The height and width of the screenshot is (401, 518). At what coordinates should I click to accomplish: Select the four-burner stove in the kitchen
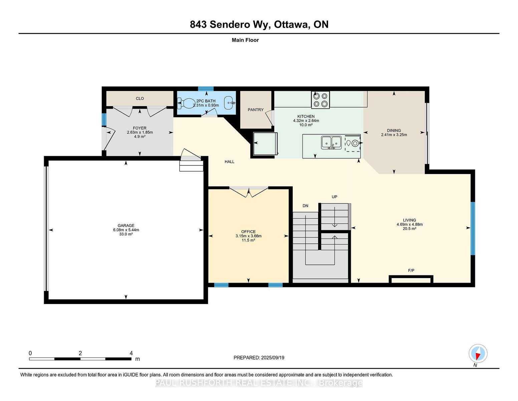(x=320, y=100)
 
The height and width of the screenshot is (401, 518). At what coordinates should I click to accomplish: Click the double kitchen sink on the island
(x=331, y=142)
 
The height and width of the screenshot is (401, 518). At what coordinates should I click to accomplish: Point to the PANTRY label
(x=256, y=110)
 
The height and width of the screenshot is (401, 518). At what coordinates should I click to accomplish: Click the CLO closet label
(x=140, y=99)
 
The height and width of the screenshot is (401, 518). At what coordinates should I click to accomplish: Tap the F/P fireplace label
(x=411, y=271)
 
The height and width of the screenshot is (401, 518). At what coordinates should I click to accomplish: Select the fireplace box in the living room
(x=411, y=279)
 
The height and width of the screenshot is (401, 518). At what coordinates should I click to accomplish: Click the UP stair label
(x=334, y=197)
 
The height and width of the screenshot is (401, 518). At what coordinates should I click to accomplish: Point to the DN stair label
(x=305, y=206)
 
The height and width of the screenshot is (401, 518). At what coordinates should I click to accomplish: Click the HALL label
(x=229, y=162)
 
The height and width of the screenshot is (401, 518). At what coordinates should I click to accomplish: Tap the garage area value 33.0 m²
(x=126, y=234)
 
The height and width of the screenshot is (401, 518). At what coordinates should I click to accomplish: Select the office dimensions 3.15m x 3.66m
(x=248, y=236)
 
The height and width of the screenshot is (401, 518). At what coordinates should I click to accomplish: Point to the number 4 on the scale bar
(x=131, y=353)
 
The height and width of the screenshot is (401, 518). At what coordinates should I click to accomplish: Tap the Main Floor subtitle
(x=245, y=40)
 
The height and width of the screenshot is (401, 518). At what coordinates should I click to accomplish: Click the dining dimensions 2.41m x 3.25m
(x=394, y=135)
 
